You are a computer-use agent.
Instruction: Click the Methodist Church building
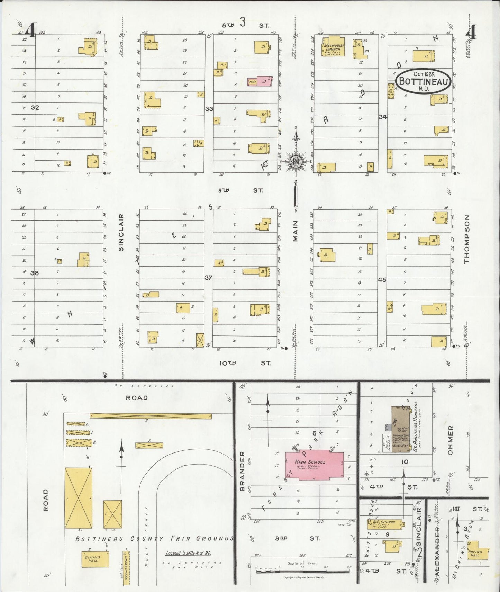(x=332, y=46)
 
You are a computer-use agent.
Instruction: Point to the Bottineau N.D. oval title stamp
(x=424, y=81)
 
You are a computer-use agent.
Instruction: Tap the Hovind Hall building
(x=477, y=554)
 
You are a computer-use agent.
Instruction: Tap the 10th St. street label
(x=245, y=363)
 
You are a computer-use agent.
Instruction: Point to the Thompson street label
(x=466, y=239)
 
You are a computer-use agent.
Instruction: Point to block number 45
(x=382, y=280)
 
